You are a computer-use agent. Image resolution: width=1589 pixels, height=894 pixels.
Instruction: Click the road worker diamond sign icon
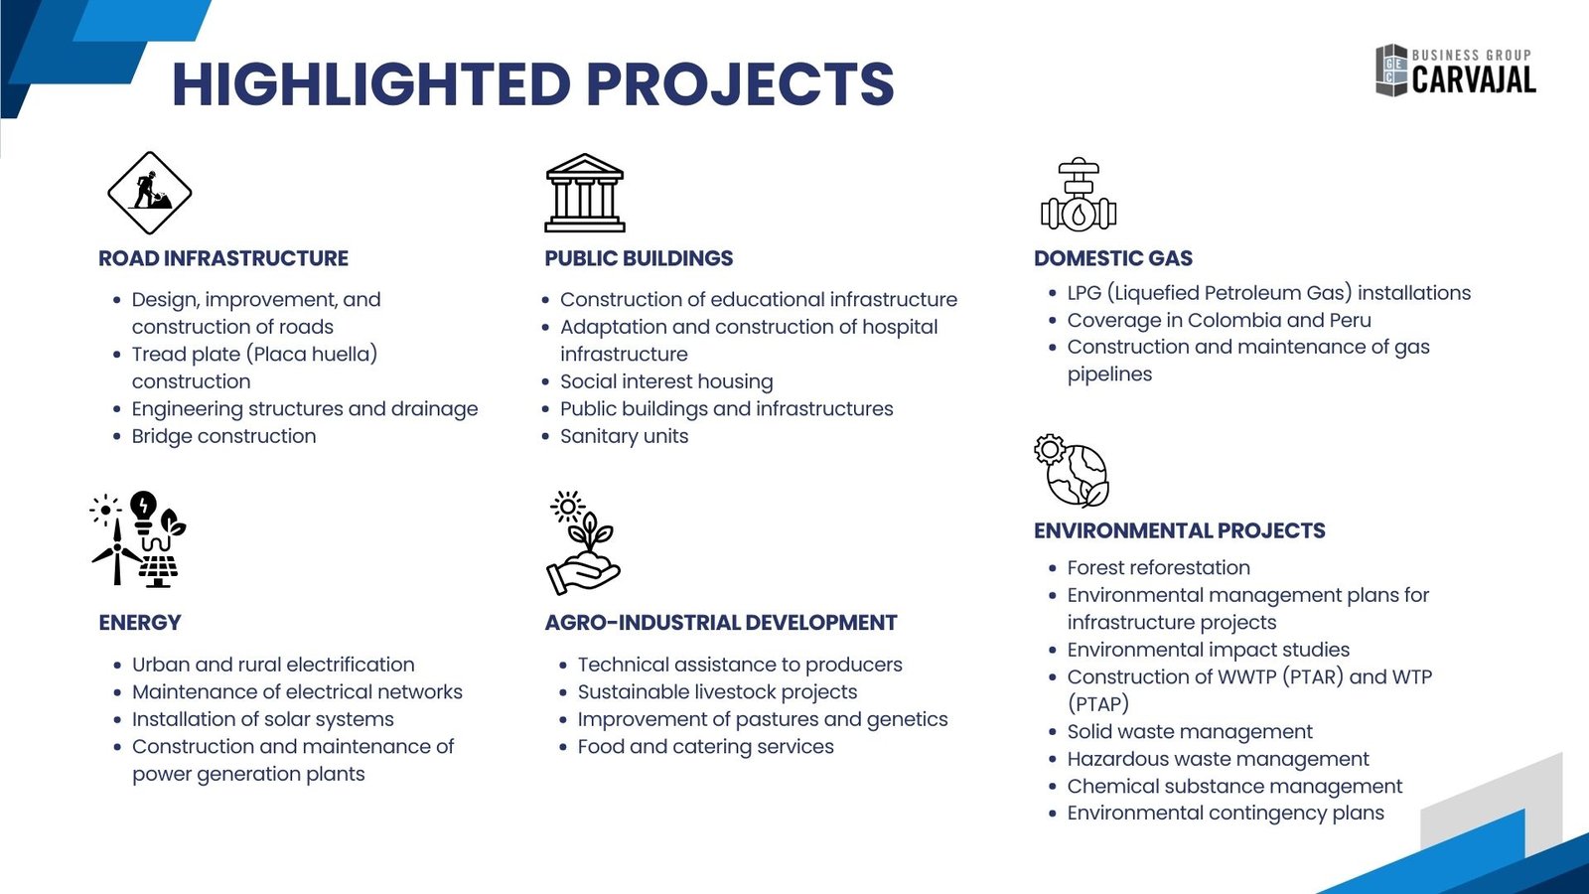[x=150, y=193]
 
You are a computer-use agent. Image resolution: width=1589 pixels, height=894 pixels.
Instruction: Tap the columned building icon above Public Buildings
[x=585, y=193]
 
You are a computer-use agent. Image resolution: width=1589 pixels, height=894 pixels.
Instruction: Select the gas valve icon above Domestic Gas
[x=1079, y=195]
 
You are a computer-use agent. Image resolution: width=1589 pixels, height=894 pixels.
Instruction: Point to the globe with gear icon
[x=1072, y=471]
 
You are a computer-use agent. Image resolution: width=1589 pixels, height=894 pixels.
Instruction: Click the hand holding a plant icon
[x=583, y=542]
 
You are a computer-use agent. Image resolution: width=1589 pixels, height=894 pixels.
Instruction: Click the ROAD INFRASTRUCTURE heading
[x=223, y=258]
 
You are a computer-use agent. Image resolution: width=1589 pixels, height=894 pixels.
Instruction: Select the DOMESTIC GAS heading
[x=1113, y=258]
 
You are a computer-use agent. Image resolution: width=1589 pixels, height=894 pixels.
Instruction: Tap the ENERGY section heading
[x=140, y=622]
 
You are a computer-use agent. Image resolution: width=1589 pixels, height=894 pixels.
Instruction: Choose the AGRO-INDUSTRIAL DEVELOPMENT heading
[x=721, y=622]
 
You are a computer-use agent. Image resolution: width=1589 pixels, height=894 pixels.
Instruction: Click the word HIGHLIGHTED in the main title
[x=371, y=83]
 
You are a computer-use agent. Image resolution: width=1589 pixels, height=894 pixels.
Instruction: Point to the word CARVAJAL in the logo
[x=1474, y=79]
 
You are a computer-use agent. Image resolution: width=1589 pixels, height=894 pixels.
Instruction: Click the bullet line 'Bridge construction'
[x=224, y=436]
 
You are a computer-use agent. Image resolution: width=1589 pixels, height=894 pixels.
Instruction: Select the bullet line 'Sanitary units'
[x=625, y=436]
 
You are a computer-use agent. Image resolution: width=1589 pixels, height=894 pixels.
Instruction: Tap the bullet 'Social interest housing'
[x=666, y=381]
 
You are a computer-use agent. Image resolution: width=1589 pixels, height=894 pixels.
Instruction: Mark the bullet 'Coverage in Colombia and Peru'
[x=1220, y=320]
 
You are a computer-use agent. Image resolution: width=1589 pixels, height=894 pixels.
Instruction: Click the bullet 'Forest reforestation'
[x=1159, y=567]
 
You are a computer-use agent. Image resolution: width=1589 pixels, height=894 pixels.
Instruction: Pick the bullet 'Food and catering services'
[x=706, y=746]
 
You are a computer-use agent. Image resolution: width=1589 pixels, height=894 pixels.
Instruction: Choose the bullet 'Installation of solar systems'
[x=263, y=719]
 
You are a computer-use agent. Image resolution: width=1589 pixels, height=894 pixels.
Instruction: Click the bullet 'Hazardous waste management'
[x=1219, y=759]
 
